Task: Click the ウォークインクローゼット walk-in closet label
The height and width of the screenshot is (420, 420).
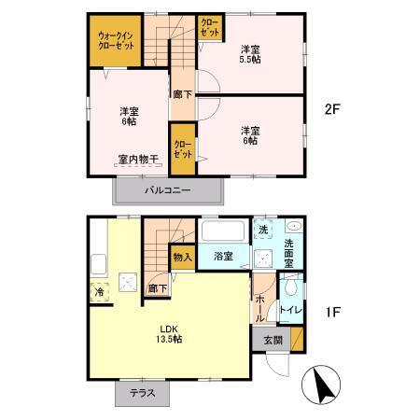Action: tap(114, 43)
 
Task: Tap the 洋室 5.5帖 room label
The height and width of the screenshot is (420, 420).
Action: tap(248, 54)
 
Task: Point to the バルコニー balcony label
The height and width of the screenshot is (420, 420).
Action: tap(168, 190)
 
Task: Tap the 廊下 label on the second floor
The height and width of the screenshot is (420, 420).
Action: tap(182, 94)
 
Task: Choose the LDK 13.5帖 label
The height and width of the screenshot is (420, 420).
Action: tap(169, 333)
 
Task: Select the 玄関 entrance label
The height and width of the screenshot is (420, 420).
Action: tap(272, 339)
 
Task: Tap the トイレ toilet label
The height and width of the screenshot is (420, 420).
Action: tap(290, 309)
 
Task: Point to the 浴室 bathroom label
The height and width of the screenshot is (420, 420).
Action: tap(222, 256)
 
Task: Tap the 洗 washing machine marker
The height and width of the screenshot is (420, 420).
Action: tap(264, 230)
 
